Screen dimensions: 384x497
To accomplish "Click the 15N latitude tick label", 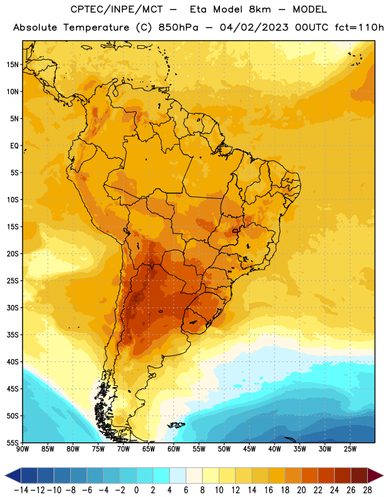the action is tap(12, 65).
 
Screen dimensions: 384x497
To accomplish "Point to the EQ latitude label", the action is tap(14, 146).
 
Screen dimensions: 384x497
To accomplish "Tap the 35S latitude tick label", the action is tap(12, 335).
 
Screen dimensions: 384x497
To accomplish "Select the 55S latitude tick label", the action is tap(12, 443).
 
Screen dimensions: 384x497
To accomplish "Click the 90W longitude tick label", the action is tap(23, 449).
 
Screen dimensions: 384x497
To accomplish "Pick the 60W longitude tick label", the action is tap(174, 449).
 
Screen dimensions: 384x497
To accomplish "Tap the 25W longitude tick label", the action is tap(350, 449).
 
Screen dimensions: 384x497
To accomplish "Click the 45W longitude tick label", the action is tap(249, 449).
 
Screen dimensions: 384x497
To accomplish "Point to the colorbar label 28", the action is tap(367, 490).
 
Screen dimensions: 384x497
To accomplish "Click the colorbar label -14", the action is tap(21, 490).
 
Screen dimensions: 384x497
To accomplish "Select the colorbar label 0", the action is tap(137, 490).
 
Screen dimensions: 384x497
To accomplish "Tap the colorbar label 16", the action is tap(268, 490).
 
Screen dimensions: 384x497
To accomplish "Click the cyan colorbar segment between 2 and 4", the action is tap(162, 475).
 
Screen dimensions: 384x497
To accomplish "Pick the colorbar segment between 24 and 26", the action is tap(343, 475).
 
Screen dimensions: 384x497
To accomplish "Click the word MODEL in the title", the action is tap(309, 9).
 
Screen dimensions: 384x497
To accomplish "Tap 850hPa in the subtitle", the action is tap(178, 27).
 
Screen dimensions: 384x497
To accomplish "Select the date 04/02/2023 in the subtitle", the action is tap(254, 27).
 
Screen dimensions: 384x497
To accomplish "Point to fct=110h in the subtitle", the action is tap(359, 27).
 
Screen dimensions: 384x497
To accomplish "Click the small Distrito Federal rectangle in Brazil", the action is tap(235, 230).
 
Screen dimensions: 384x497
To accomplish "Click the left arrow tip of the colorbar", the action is tap(6, 475).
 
